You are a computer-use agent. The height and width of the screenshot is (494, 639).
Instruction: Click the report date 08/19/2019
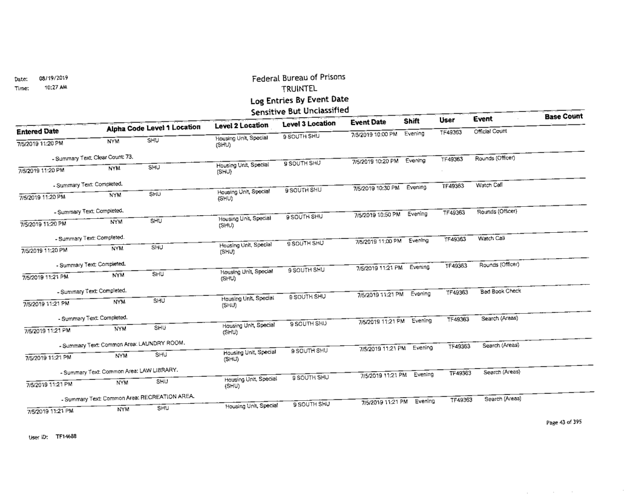click(x=54, y=78)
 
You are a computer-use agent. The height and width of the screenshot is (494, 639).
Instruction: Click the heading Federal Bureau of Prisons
click(x=299, y=77)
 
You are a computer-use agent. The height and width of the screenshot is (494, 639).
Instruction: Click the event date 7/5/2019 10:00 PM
click(x=375, y=134)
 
